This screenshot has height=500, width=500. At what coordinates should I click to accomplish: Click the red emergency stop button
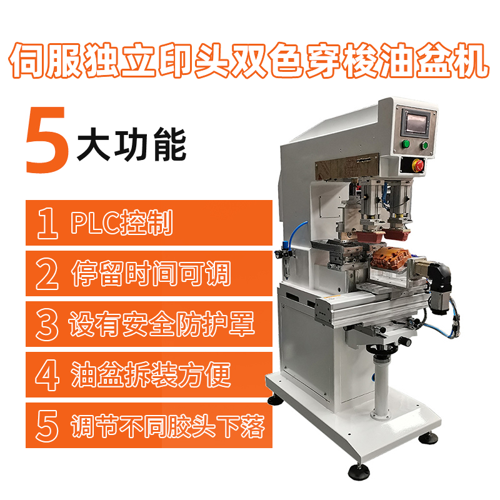418,165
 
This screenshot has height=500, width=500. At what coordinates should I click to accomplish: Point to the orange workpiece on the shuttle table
390,257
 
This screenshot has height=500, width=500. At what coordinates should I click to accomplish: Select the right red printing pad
396,234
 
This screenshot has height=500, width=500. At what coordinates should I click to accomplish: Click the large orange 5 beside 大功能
47,140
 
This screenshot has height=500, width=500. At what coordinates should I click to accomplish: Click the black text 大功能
131,144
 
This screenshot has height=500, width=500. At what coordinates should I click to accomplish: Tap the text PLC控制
122,222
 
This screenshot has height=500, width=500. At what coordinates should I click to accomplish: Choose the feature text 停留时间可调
151,273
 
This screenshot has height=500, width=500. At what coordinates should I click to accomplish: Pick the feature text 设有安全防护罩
162,324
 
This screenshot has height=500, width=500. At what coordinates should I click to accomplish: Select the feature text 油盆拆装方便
151,374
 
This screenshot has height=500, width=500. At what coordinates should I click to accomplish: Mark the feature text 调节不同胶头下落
167,426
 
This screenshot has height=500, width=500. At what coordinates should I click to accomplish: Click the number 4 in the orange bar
47,375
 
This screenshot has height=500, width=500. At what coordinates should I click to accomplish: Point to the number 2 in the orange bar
47,274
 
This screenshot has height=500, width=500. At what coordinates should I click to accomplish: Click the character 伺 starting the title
27,61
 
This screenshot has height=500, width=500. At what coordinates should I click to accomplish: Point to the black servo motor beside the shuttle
439,287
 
